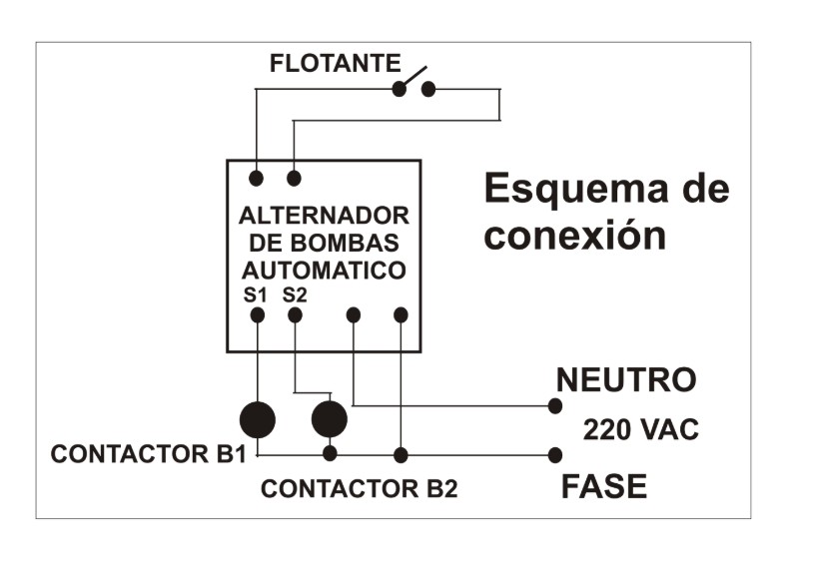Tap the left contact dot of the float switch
tap(400, 89)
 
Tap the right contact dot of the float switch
tap(428, 89)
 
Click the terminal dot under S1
tap(257, 314)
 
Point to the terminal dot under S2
tap(295, 314)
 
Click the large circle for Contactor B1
tap(258, 419)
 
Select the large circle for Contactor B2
tap(329, 419)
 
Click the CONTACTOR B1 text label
tap(148, 454)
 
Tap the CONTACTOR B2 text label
tap(359, 489)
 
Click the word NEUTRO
tap(625, 380)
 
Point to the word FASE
tap(603, 487)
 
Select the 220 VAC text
tap(640, 431)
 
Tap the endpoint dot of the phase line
tap(555, 455)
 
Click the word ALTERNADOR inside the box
tap(324, 217)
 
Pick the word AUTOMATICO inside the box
tap(324, 270)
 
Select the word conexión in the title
tap(574, 236)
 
